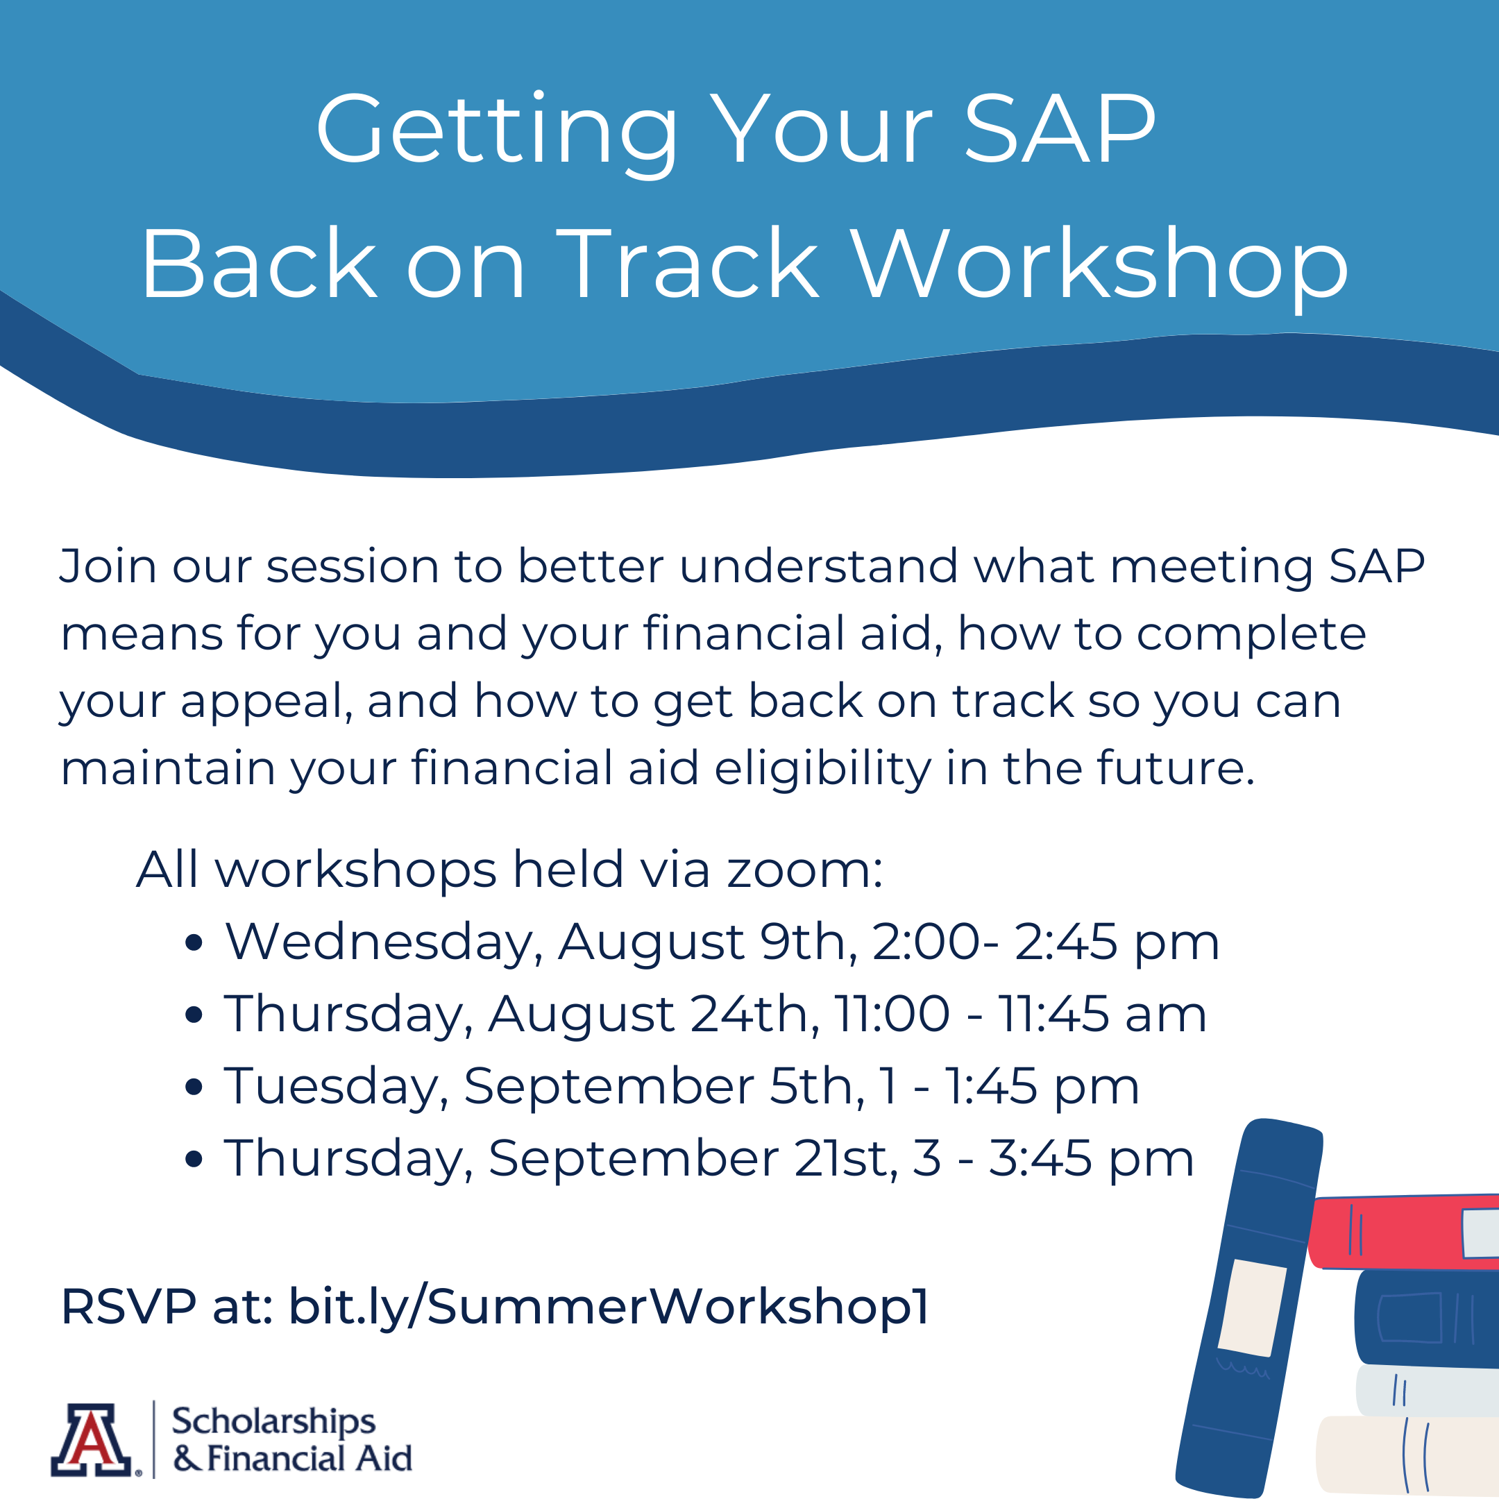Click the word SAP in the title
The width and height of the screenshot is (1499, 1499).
pyautogui.click(x=1059, y=130)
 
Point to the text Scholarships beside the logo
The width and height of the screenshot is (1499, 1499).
pyautogui.click(x=273, y=1421)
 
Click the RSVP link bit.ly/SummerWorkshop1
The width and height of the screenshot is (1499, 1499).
pyautogui.click(x=609, y=1307)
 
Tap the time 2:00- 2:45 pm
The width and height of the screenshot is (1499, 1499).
pyautogui.click(x=1045, y=942)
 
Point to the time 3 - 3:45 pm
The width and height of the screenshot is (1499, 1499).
pyautogui.click(x=1053, y=1158)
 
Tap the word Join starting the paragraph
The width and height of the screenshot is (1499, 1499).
pyautogui.click(x=109, y=566)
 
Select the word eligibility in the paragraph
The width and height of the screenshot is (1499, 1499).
pyautogui.click(x=822, y=768)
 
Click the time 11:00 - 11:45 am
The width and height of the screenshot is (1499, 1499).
pyautogui.click(x=1020, y=1013)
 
